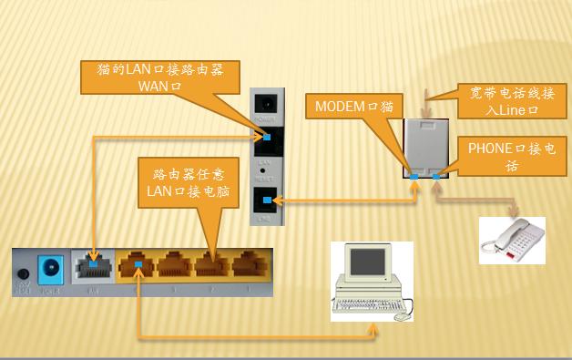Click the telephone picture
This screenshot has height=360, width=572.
512,241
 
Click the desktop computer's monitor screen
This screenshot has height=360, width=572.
368,262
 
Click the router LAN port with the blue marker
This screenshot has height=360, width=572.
137,265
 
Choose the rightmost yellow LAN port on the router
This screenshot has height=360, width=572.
249,265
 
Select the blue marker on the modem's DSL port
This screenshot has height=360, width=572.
266,200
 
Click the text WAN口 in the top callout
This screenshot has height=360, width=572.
160,86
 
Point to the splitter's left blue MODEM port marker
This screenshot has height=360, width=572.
413,175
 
